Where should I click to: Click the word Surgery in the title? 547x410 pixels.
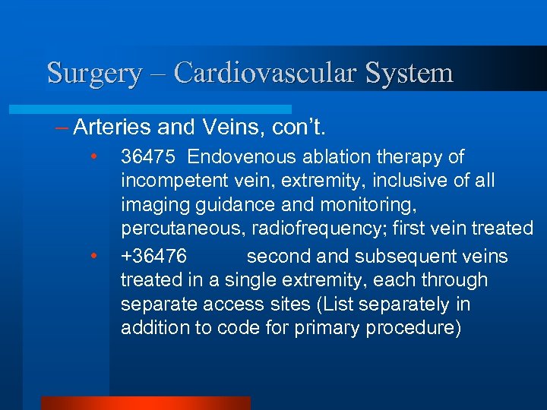(x=94, y=74)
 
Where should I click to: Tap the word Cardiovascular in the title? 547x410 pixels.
(x=265, y=74)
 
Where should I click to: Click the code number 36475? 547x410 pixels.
(x=149, y=156)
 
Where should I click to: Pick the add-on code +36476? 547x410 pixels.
(x=153, y=256)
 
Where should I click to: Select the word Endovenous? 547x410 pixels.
(x=242, y=156)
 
